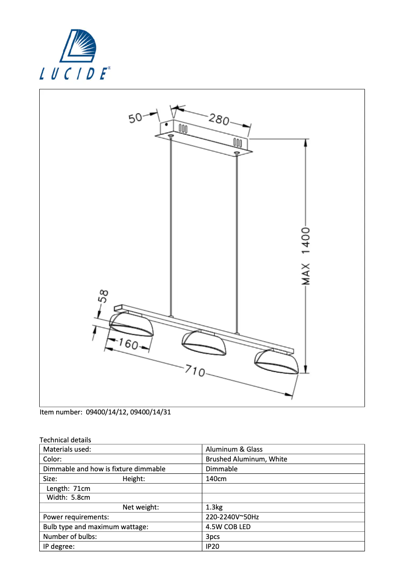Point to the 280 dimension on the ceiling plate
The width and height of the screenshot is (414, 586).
pyautogui.click(x=219, y=119)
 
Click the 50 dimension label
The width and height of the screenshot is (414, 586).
pyautogui.click(x=135, y=118)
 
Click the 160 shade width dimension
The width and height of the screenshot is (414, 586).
pyautogui.click(x=126, y=344)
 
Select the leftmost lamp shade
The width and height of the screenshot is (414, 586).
pyautogui.click(x=132, y=325)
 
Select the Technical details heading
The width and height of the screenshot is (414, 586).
pyautogui.click(x=65, y=440)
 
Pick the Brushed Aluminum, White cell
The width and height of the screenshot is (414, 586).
pyautogui.click(x=246, y=459)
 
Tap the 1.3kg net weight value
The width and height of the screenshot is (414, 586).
pyautogui.click(x=214, y=507)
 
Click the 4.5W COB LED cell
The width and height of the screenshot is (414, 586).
pyautogui.click(x=228, y=527)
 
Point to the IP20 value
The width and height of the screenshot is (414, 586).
pyautogui.click(x=213, y=546)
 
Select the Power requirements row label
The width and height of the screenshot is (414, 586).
pyautogui.click(x=76, y=517)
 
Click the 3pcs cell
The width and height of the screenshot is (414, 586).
pyautogui.click(x=213, y=536)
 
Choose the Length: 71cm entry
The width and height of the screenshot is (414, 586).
pyautogui.click(x=68, y=488)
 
